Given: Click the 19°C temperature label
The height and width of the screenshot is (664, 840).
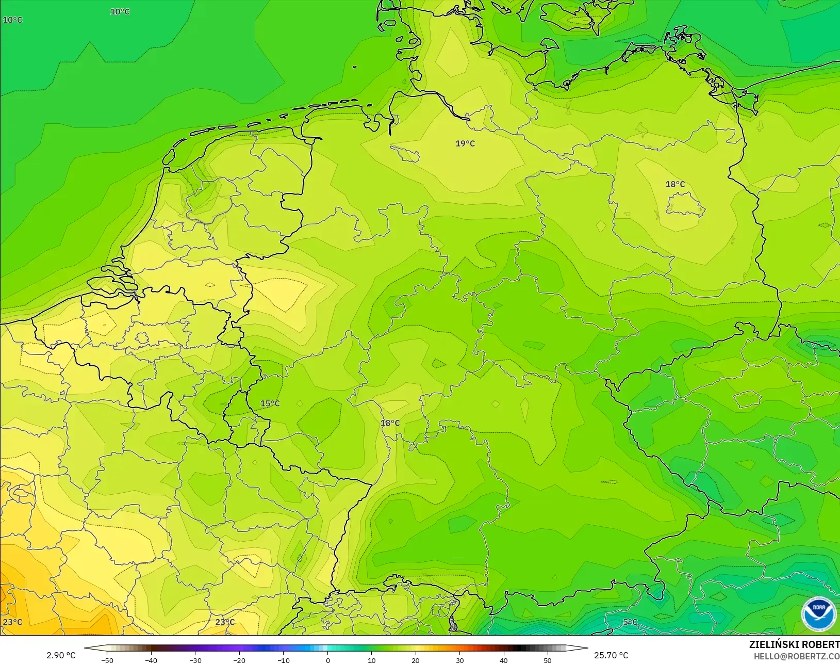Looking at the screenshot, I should click(x=465, y=143).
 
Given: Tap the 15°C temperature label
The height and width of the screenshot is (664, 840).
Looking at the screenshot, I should click(x=270, y=403).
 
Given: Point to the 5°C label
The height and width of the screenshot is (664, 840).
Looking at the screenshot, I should click(x=630, y=622).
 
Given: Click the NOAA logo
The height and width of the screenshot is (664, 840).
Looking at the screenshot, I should click(x=818, y=613).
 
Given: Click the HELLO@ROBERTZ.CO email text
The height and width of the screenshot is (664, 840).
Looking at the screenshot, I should click(x=797, y=656).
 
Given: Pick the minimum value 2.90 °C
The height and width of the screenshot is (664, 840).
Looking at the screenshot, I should click(x=61, y=655).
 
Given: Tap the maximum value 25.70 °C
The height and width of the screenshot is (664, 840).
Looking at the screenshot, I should click(x=611, y=655).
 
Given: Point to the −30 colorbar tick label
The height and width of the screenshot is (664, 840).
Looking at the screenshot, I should click(x=195, y=660).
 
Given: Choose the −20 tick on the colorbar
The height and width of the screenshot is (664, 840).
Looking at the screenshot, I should click(x=239, y=660).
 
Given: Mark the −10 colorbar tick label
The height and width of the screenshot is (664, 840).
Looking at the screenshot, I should click(x=283, y=660).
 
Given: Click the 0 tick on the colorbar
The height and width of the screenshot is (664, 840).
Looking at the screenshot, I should click(x=327, y=660).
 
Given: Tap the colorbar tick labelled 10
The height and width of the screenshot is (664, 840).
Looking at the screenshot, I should click(x=371, y=660).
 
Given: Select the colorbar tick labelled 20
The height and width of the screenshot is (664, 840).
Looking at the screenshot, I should click(x=416, y=660).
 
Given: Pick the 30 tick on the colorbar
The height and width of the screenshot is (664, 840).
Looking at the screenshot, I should click(x=459, y=660).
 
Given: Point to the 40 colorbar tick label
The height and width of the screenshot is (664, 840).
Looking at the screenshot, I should click(x=504, y=660).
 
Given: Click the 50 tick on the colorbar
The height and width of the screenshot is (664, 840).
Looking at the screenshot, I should click(x=548, y=660).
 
